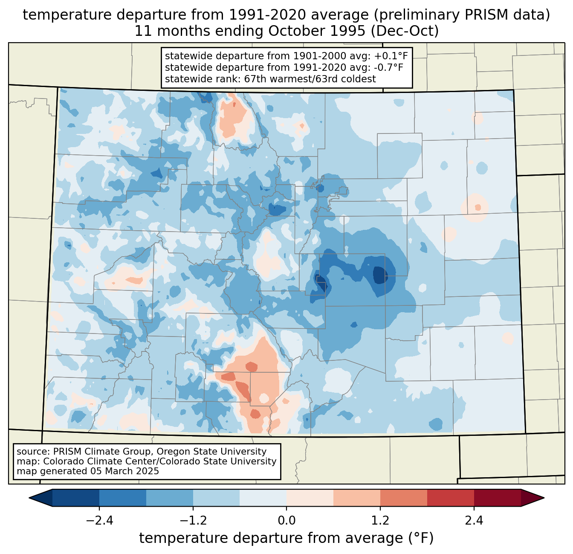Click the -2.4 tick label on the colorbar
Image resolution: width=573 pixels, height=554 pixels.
click(x=99, y=521)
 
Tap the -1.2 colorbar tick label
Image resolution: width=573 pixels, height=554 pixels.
click(x=193, y=521)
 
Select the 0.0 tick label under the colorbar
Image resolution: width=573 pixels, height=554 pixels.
click(x=286, y=521)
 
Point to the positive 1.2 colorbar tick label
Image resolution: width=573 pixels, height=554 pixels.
click(x=380, y=521)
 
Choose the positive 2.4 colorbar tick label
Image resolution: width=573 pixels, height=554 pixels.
click(x=474, y=521)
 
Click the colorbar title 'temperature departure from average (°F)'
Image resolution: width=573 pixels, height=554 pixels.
click(x=286, y=538)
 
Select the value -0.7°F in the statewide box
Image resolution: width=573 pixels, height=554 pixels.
click(x=387, y=67)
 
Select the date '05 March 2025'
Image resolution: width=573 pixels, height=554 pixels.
click(x=124, y=471)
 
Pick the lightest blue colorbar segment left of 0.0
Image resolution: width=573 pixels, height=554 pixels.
click(x=263, y=498)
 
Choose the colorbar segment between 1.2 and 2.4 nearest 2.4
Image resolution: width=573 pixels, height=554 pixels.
click(x=450, y=498)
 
